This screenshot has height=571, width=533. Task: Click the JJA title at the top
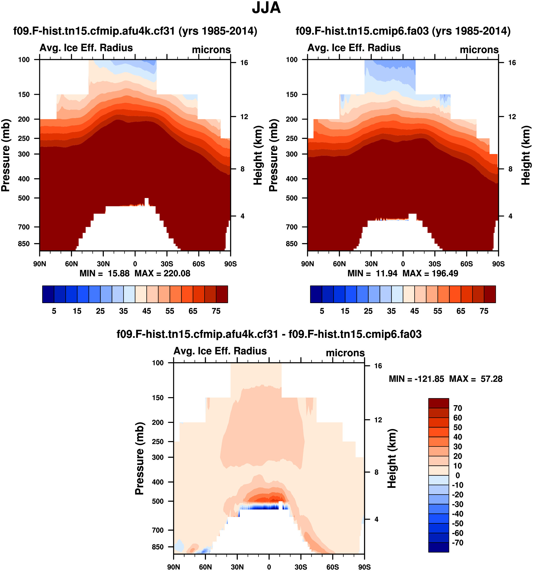[266, 8]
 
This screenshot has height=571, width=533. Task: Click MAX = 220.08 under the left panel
[162, 273]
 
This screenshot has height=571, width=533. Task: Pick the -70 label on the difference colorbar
[457, 543]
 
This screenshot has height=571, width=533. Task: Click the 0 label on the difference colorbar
[457, 475]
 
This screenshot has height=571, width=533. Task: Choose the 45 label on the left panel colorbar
[146, 311]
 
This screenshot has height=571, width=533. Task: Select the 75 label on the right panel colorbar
[484, 311]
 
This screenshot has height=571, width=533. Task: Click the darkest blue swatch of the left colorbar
[48, 294]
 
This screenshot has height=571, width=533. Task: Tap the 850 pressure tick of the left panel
[24, 244]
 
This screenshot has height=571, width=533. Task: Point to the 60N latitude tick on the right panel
[339, 264]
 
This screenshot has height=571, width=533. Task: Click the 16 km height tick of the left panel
[244, 63]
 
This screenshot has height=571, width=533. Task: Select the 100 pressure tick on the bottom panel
[157, 363]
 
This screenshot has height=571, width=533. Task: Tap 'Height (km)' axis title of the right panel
[526, 155]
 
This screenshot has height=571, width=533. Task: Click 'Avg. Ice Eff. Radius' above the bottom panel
[220, 351]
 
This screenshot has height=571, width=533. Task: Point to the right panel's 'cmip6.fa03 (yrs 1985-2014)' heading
[403, 31]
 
